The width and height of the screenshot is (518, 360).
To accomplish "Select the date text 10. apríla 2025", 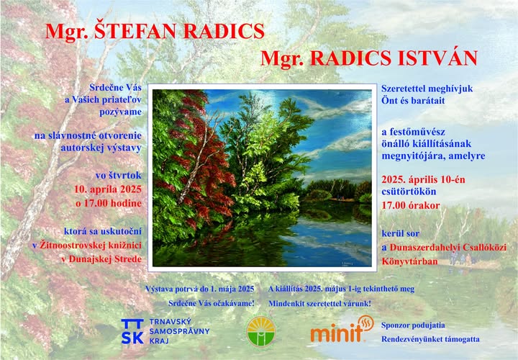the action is pyautogui.click(x=108, y=189).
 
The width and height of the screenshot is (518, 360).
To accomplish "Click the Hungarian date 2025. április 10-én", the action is pyautogui.click(x=423, y=179).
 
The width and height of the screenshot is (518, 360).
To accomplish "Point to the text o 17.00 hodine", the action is pyautogui.click(x=109, y=203).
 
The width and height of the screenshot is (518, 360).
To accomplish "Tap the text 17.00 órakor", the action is pyautogui.click(x=411, y=205).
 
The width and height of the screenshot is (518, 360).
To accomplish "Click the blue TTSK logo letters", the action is pyautogui.click(x=132, y=332).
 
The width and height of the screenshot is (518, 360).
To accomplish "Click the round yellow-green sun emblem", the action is pyautogui.click(x=261, y=331).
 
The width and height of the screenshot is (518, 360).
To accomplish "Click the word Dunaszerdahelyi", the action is pyautogui.click(x=424, y=248).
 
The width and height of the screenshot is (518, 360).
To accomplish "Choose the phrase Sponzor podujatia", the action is pyautogui.click(x=413, y=325).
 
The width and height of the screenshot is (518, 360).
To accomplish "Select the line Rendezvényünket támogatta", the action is pyautogui.click(x=430, y=339).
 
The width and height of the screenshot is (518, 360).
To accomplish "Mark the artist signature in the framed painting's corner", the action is pyautogui.click(x=347, y=262).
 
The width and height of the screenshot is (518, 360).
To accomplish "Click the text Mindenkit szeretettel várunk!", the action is pyautogui.click(x=319, y=303).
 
